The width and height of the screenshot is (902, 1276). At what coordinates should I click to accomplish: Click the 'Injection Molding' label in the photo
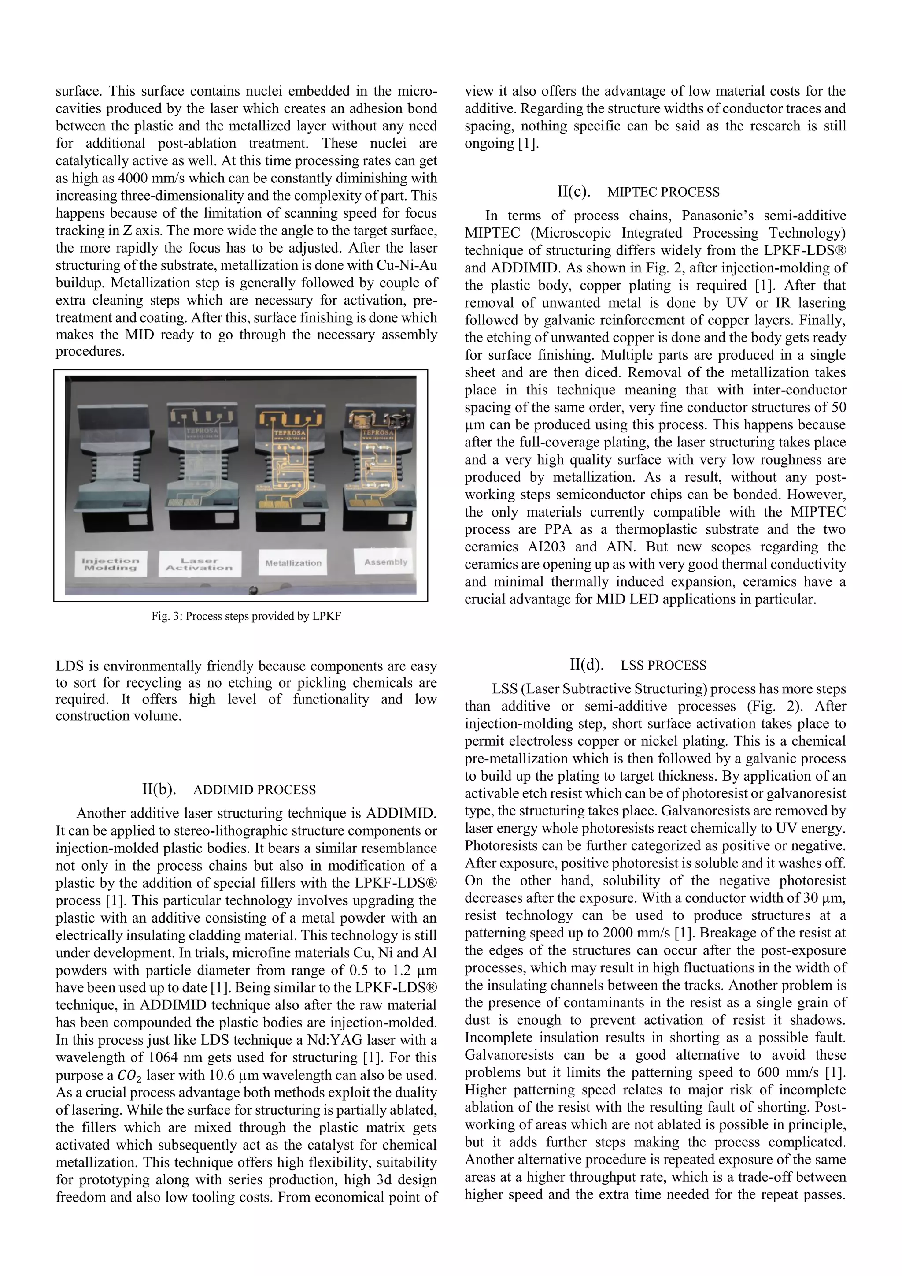(x=111, y=564)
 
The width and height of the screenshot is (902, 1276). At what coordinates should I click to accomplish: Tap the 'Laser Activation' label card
(x=200, y=564)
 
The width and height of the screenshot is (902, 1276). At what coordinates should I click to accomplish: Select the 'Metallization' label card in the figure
(x=293, y=563)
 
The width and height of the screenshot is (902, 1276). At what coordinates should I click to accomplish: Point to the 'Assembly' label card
(x=385, y=562)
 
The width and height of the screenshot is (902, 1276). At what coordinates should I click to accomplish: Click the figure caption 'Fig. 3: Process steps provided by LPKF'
(x=246, y=616)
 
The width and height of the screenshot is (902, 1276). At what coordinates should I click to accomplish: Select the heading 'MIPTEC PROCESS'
(x=663, y=192)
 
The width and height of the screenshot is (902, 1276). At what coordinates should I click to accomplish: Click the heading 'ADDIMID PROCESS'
(x=255, y=790)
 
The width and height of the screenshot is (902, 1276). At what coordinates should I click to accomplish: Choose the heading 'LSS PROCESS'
(x=663, y=665)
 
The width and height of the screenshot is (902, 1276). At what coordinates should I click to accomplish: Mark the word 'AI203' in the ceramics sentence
(x=547, y=547)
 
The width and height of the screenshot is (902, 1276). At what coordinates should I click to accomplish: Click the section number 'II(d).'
(x=587, y=665)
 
